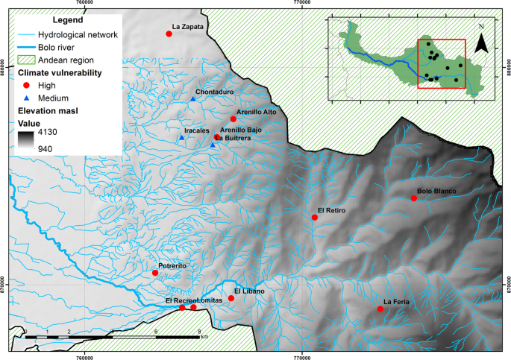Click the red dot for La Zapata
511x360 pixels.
pyautogui.click(x=169, y=34)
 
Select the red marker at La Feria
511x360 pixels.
pyautogui.click(x=380, y=309)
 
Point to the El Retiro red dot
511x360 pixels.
pyautogui.click(x=314, y=218)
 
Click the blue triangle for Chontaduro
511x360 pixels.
pyautogui.click(x=192, y=99)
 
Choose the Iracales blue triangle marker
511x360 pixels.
pyautogui.click(x=181, y=138)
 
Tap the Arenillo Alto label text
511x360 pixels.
pyautogui.click(x=256, y=111)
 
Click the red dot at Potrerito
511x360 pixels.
pyautogui.click(x=155, y=273)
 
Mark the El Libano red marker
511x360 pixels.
pyautogui.click(x=231, y=298)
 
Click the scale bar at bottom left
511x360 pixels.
pyautogui.click(x=112, y=337)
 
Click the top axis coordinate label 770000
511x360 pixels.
pyautogui.click(x=301, y=4)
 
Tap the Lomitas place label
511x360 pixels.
pyautogui.click(x=210, y=300)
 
